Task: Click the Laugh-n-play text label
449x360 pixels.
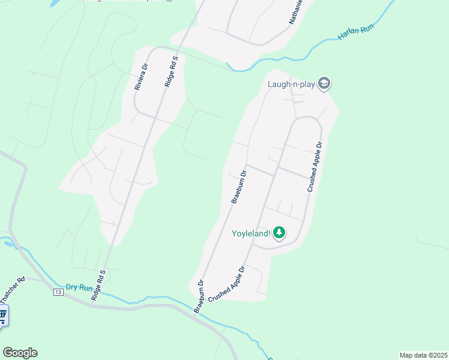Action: [x=291, y=83]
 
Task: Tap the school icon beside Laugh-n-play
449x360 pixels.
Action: [x=324, y=83]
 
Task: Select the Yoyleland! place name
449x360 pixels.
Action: [x=251, y=233]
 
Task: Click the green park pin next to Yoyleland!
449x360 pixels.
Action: [x=279, y=232]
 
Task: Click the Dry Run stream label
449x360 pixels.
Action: [x=80, y=287]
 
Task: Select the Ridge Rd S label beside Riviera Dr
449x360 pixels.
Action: [x=171, y=73]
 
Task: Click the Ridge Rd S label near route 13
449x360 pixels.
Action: [x=98, y=286]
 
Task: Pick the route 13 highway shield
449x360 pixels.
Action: [x=58, y=292]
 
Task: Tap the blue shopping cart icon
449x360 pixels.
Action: [x=2, y=314]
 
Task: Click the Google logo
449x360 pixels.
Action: [x=20, y=353]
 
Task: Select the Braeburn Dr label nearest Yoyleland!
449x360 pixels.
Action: [x=239, y=188]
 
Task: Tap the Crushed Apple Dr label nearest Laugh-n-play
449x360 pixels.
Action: [x=315, y=167]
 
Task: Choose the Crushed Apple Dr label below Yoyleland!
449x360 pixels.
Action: [x=228, y=284]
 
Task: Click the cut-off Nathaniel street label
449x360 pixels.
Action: [x=297, y=12]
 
